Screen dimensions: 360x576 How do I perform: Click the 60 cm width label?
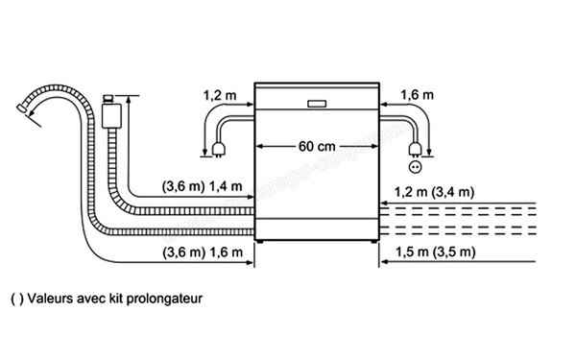pos(316,147)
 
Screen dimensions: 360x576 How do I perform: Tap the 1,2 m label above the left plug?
pos(218,95)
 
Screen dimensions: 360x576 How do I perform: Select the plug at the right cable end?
pos(415,150)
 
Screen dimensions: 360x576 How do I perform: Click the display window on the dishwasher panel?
pos(316,103)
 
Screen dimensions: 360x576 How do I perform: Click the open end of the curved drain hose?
pos(23,113)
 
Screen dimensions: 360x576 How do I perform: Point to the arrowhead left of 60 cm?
pos(262,147)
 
